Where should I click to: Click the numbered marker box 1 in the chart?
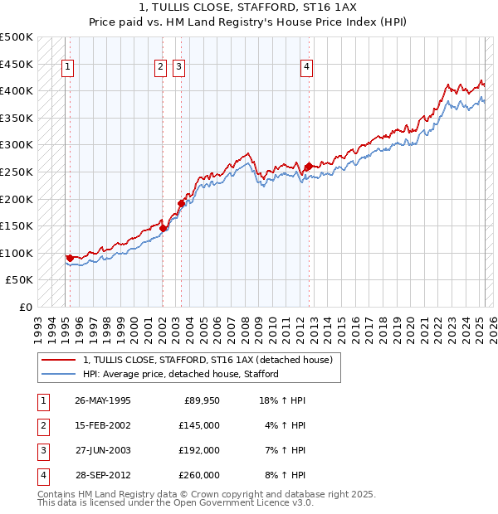point(67,68)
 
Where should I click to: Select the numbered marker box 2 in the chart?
point(160,68)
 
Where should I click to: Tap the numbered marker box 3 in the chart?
point(179,68)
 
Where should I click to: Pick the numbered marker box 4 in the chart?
point(306,68)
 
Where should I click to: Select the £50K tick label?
point(20,280)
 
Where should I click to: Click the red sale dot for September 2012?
point(309,167)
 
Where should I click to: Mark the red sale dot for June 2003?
point(181,202)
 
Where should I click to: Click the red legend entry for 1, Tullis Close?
point(207,360)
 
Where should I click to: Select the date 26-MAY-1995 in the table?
point(103,400)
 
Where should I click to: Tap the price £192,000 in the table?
point(199,450)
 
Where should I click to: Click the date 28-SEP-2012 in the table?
point(103,475)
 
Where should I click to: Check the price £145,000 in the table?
point(199,425)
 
